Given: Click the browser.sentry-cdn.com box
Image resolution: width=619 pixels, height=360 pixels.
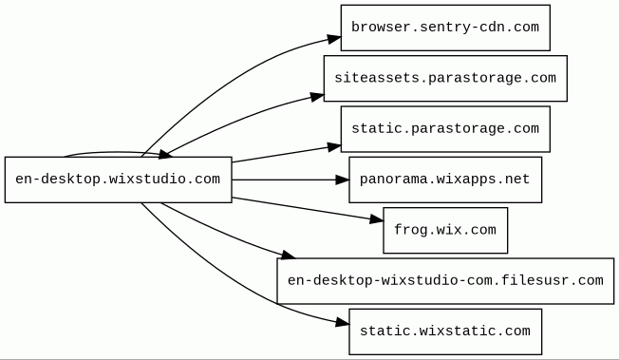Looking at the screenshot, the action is tap(445, 28).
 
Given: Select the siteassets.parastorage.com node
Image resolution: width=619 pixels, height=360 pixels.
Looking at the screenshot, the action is tap(445, 78).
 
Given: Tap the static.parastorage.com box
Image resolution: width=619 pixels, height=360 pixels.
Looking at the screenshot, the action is tap(445, 129).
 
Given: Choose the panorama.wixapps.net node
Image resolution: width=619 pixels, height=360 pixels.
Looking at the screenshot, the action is tap(445, 180).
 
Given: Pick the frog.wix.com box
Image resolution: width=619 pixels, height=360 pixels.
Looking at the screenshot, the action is tap(445, 231).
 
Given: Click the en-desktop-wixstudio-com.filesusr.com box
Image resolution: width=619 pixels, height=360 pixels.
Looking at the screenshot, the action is tap(445, 281).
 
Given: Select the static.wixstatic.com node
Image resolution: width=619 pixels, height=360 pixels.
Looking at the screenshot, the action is tap(445, 332).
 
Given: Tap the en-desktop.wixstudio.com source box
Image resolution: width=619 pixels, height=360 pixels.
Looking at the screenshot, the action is tap(119, 180).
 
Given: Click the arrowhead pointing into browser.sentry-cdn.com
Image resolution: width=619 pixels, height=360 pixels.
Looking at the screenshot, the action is tap(334, 39).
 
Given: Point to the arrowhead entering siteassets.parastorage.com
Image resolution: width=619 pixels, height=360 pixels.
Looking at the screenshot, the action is tap(317, 97).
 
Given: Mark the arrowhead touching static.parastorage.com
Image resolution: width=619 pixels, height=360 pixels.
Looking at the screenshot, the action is tap(334, 147).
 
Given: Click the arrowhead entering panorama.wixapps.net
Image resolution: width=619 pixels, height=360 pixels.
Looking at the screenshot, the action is tap(343, 180).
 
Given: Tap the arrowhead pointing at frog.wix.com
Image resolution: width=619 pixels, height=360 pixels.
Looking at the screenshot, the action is tap(376, 219).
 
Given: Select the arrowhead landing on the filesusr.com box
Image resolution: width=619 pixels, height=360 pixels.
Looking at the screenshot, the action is tap(288, 255).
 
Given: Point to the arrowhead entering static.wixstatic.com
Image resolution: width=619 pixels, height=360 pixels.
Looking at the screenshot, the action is tap(343, 323).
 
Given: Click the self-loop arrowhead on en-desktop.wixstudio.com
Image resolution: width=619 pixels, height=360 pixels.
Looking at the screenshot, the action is tap(165, 155).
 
